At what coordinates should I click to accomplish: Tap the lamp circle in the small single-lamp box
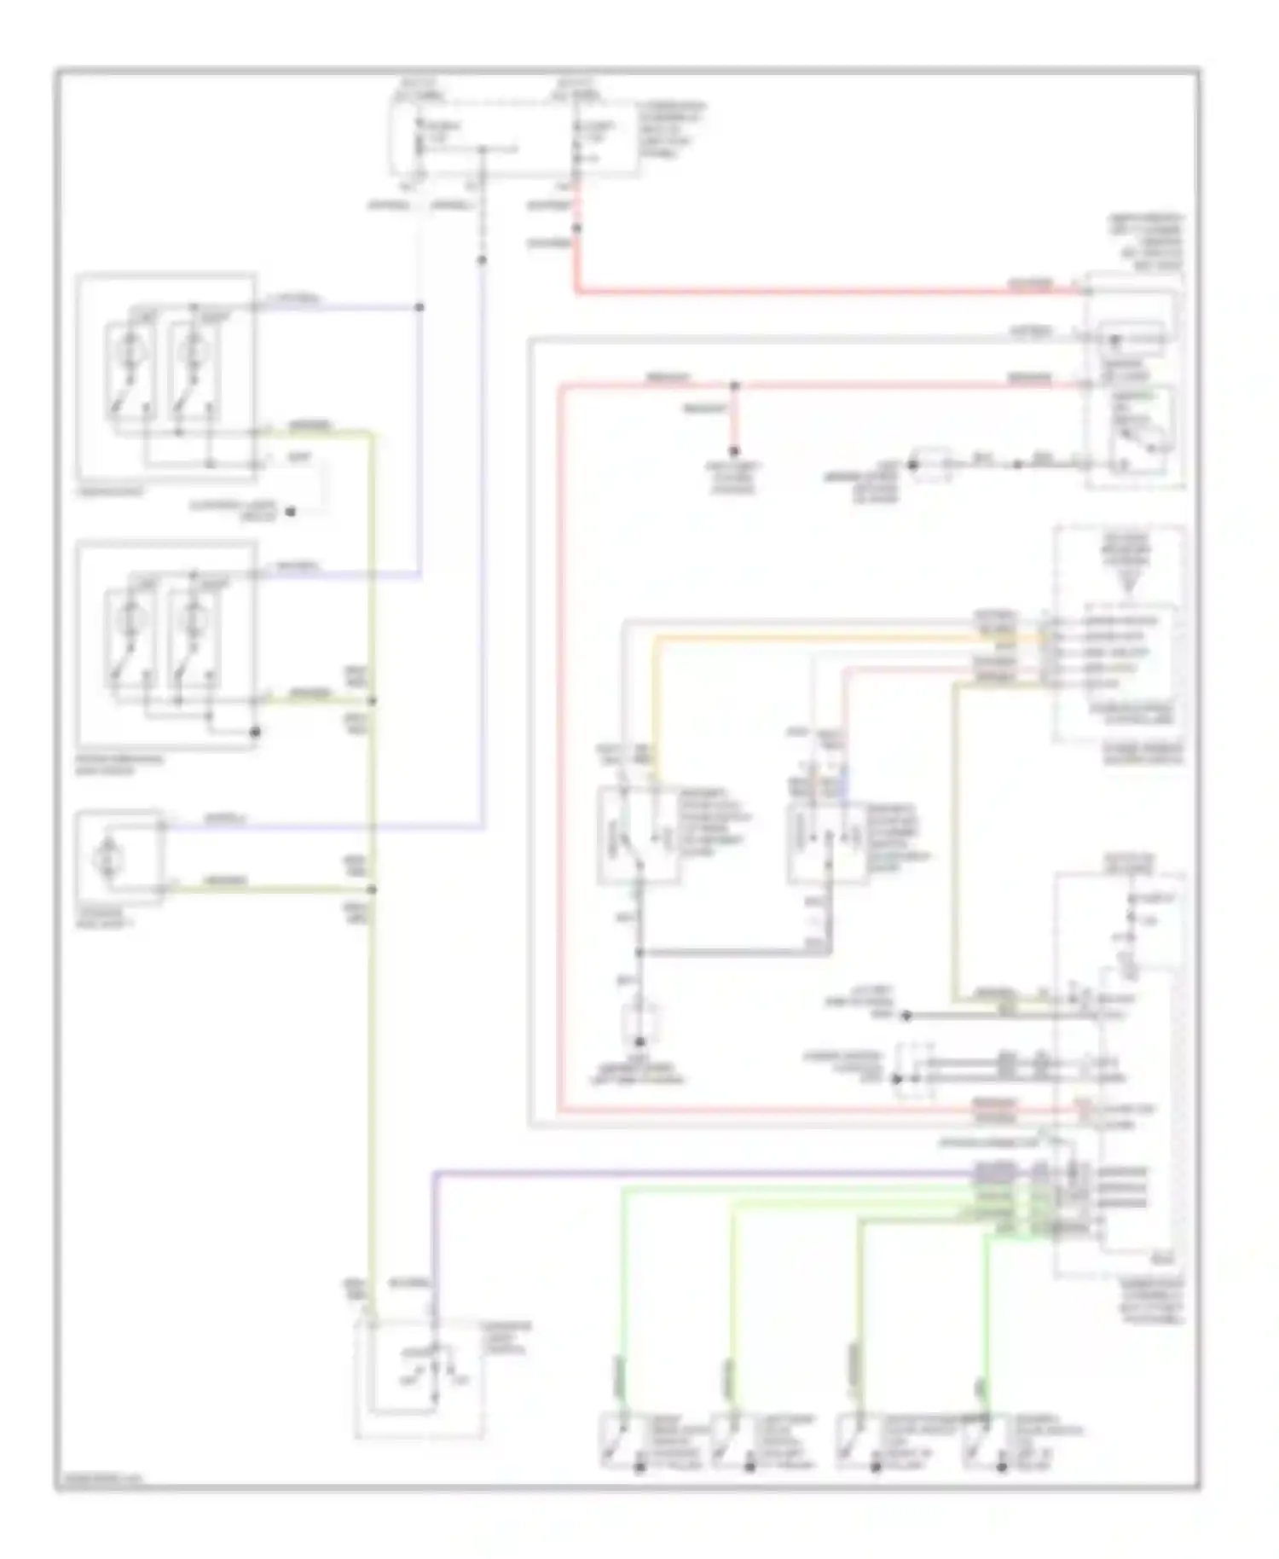click(x=110, y=854)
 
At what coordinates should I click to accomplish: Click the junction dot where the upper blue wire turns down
click(x=419, y=307)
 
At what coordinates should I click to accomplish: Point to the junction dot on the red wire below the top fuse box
click(x=576, y=229)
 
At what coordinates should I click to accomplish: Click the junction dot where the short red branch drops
click(x=735, y=386)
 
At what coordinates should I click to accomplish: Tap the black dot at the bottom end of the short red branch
click(x=733, y=451)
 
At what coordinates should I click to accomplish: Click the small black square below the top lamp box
click(x=290, y=512)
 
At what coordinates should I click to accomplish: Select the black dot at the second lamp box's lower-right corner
click(x=254, y=732)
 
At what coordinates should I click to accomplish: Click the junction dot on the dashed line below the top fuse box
click(x=482, y=260)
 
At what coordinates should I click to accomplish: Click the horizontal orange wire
click(x=853, y=636)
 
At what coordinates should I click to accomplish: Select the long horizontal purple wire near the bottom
click(x=699, y=1172)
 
